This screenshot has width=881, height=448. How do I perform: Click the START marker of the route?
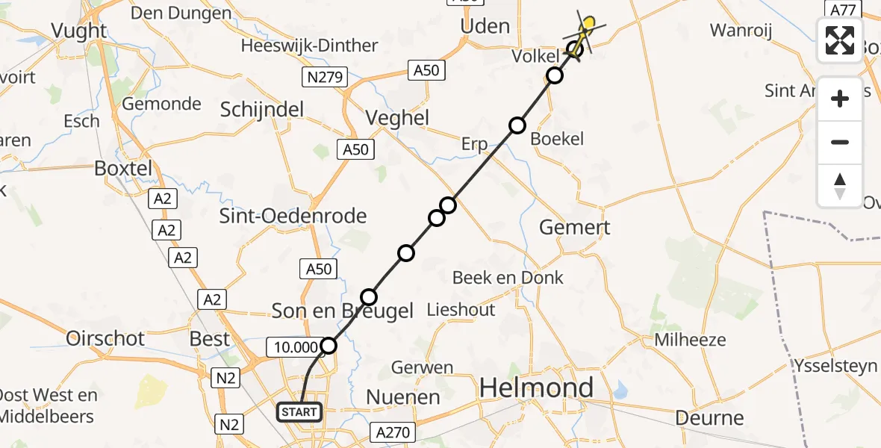pos(300,411)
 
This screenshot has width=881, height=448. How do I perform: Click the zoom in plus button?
pos(840,99)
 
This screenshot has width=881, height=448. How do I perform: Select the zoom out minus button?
pos(840,142)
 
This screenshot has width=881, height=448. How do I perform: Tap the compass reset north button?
pos(840,186)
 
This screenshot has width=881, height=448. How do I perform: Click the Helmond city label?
pos(536,388)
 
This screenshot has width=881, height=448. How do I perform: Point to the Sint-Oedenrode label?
pos(293,217)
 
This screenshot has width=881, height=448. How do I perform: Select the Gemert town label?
pos(575,227)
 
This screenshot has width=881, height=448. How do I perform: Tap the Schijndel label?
pos(262,110)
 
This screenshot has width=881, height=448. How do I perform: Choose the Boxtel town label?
pos(123,168)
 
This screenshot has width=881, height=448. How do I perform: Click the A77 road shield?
pos(841,10)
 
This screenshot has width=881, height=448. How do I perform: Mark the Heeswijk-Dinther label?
pos(309,46)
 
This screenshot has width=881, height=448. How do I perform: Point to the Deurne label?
pos(709,417)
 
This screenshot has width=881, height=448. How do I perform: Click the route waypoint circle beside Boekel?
pos(517,125)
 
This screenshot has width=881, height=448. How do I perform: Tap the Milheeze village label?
pos(690,340)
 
